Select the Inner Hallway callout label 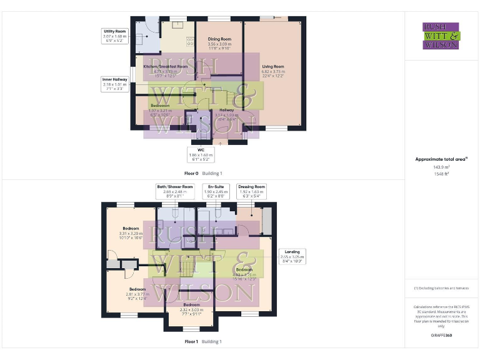(115, 84)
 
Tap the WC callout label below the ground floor (201, 155)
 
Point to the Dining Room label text (219, 44)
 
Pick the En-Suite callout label (219, 191)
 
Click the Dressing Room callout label (252, 191)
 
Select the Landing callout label (292, 256)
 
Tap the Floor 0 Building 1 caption (202, 173)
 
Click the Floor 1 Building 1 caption (202, 342)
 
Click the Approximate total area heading (441, 159)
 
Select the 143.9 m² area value (441, 167)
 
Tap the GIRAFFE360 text (441, 336)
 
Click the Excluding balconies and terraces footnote (441, 288)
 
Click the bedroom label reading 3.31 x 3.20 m (131, 232)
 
